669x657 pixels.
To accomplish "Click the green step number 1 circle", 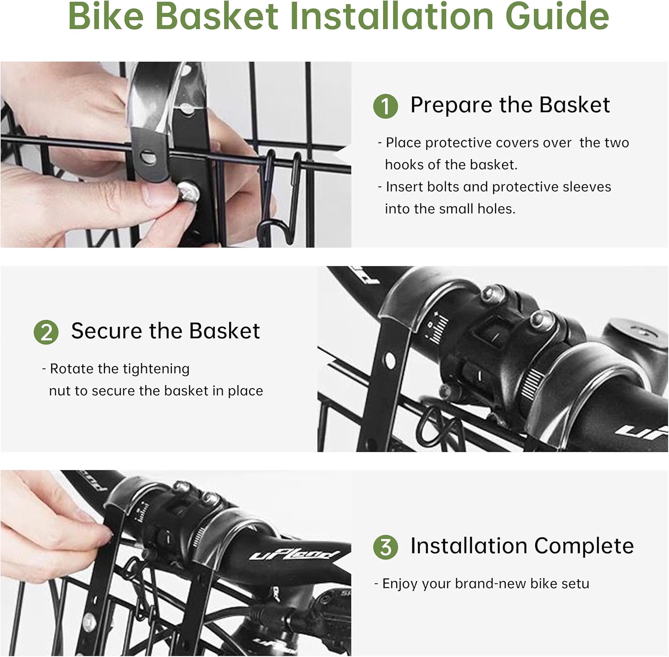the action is [x=385, y=107].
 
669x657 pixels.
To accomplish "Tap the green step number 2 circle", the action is [x=46, y=333].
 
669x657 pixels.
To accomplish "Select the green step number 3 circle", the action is [x=385, y=547].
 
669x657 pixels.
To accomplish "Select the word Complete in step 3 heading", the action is [x=584, y=546].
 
